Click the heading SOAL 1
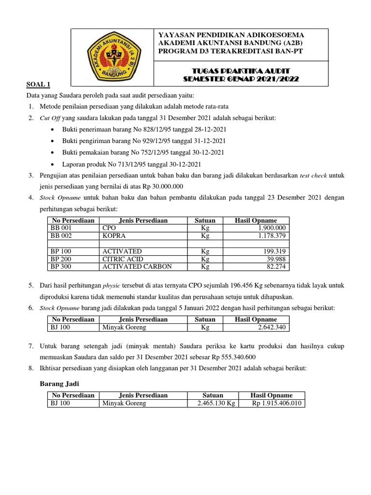pos(38,85)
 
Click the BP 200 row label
pos(61,259)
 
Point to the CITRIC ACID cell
pos(122,259)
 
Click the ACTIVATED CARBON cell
pos(137,267)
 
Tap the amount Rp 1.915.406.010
pos(277,403)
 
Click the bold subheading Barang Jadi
pos(58,384)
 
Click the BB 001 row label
pos(61,228)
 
